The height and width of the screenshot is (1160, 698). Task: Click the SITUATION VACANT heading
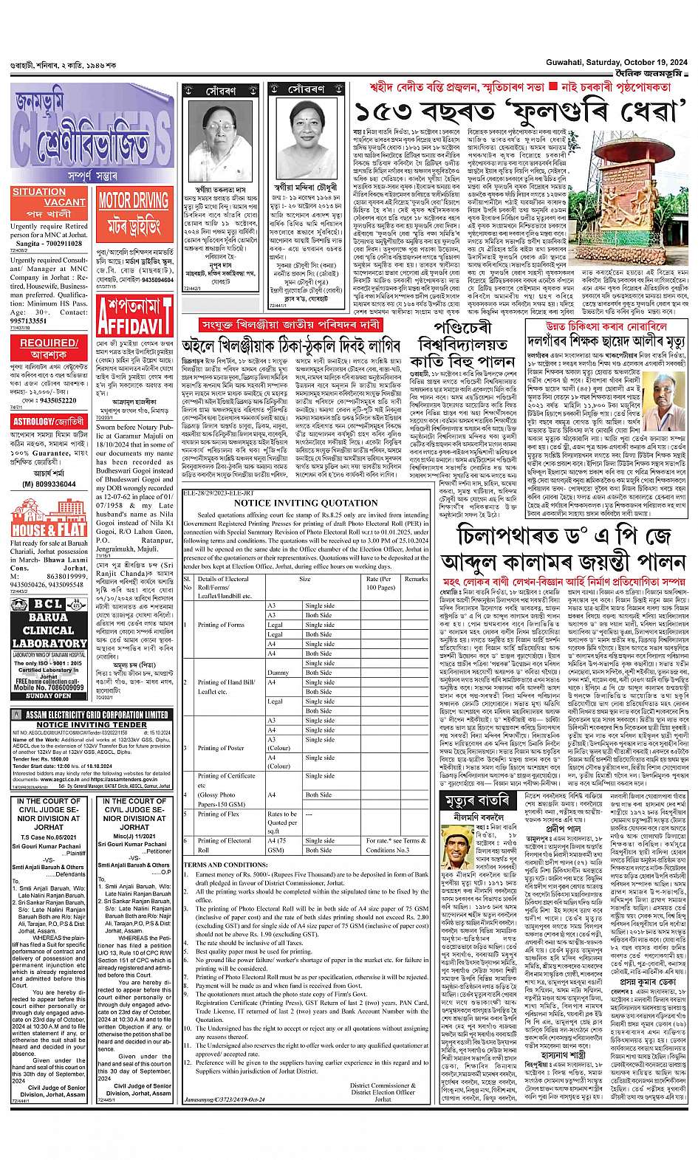49,196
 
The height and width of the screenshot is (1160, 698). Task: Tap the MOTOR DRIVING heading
134,199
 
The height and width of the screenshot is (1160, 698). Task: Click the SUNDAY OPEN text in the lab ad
49,696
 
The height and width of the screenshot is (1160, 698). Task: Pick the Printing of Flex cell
219,814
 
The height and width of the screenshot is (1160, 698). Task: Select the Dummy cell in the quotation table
278,673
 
